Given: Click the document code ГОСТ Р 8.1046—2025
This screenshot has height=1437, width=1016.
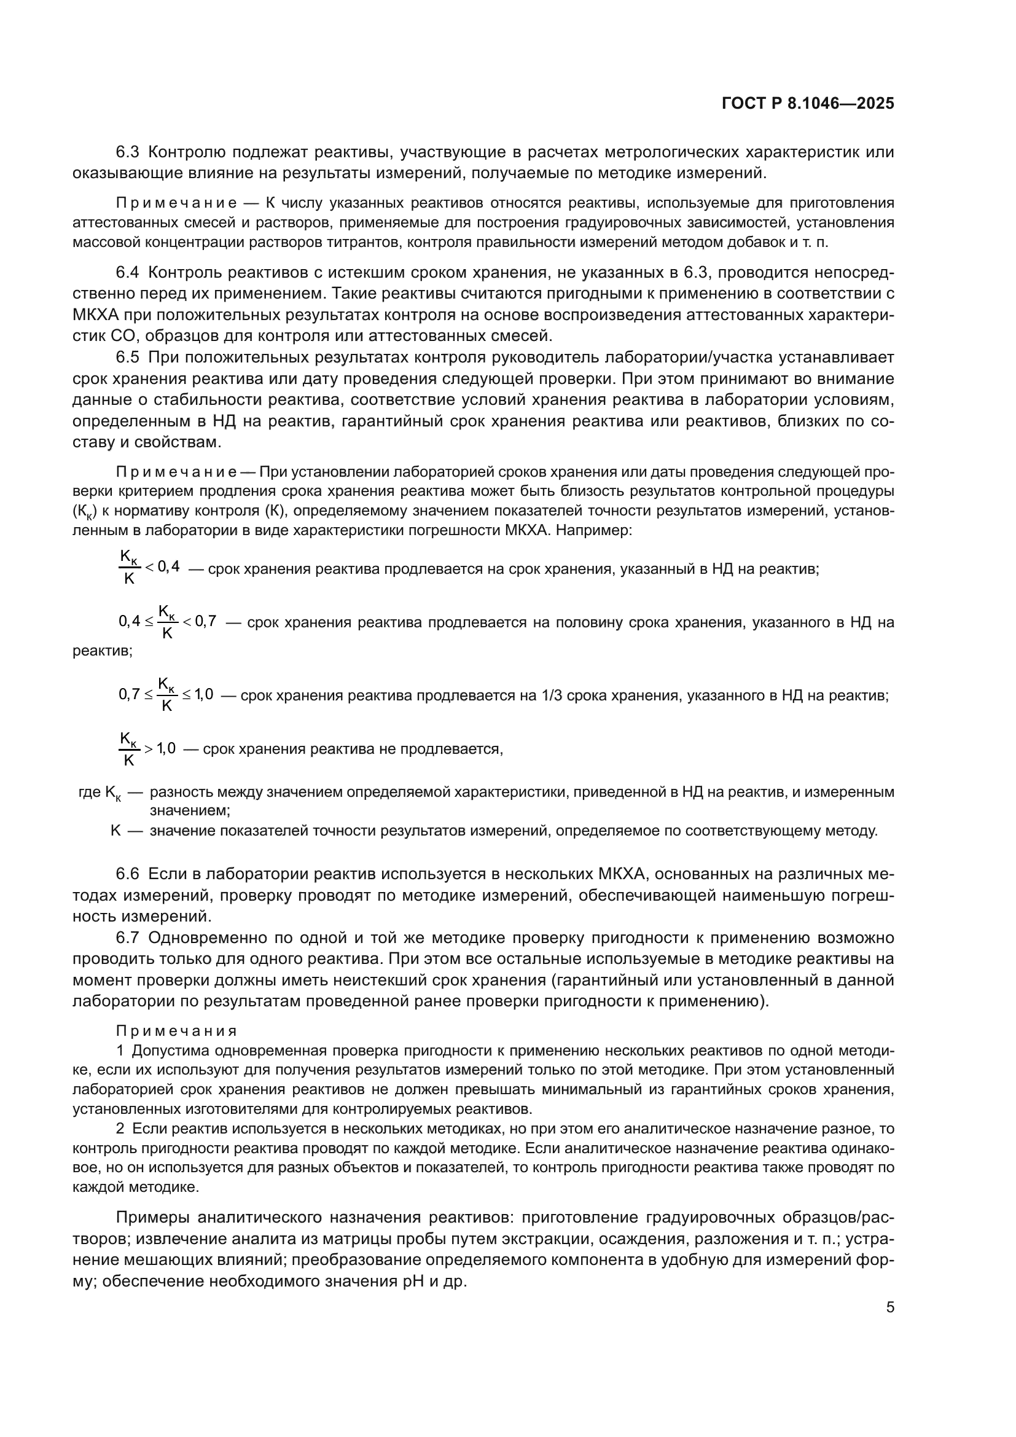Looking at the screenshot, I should click(x=808, y=104).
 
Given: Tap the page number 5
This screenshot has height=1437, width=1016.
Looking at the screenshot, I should click(x=889, y=1307).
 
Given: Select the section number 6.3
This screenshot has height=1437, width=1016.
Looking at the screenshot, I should click(x=128, y=152).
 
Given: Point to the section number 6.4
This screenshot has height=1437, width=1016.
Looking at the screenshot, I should click(x=128, y=272).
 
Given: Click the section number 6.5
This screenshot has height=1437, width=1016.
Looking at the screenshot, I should click(x=128, y=358).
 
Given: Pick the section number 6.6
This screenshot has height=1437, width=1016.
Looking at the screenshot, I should click(x=128, y=874).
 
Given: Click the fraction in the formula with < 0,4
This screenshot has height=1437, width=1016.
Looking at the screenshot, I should click(x=129, y=567).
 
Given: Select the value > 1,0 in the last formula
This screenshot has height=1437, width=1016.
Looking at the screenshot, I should click(x=161, y=748).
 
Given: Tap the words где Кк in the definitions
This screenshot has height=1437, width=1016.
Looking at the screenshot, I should click(x=100, y=793).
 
